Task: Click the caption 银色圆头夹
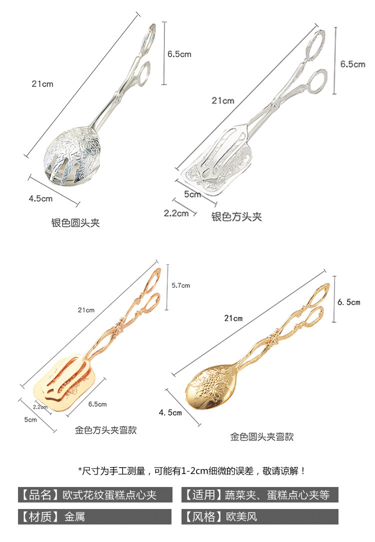tap(75, 223)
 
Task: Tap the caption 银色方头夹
tap(236, 217)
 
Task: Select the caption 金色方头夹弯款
tap(106, 429)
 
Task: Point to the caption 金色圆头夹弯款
tap(261, 436)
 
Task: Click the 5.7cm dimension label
tap(180, 285)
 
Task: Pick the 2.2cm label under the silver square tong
tap(176, 213)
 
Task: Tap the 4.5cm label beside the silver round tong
tap(40, 198)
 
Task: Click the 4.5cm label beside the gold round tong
tap(170, 412)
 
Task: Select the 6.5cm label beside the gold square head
tap(97, 404)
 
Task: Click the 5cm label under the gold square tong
tap(30, 419)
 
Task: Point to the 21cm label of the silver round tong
tap(42, 84)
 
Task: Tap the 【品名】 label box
tap(95, 495)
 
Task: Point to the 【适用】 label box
tap(259, 495)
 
